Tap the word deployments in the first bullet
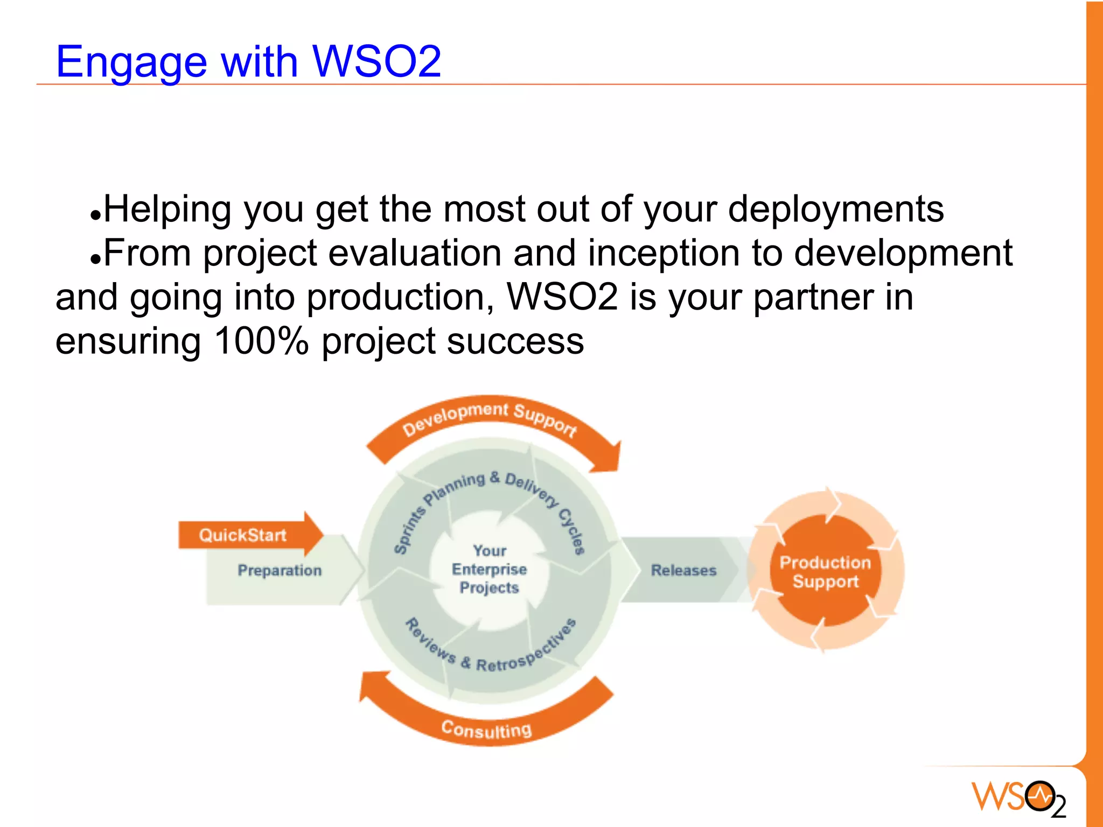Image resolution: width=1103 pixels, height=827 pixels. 835,209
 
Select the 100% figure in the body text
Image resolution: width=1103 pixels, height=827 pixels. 261,341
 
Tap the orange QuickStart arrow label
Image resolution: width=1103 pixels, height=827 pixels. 243,535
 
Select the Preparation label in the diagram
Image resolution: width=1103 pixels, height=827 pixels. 280,571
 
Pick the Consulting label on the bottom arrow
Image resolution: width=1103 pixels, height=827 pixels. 486,730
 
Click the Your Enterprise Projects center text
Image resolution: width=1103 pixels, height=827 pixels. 489,570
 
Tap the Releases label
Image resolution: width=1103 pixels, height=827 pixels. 683,571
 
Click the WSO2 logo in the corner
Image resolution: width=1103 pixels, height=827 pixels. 1018,797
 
